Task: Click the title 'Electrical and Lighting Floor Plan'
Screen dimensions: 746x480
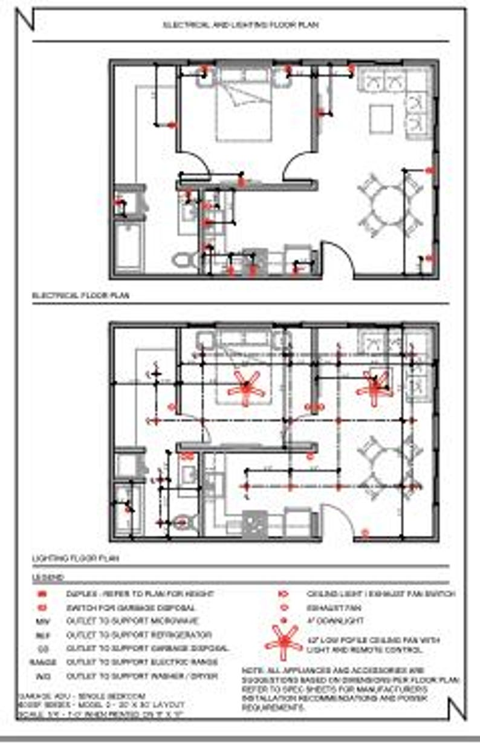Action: coord(240,25)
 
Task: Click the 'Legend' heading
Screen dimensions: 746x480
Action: coord(48,578)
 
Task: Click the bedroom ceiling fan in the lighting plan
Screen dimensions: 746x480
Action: coord(246,387)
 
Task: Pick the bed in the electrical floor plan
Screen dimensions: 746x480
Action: coord(244,109)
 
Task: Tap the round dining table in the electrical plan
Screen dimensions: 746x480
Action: coord(388,206)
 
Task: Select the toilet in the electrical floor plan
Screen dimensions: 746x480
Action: coord(183,261)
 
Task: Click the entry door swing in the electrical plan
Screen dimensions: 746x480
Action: coord(336,257)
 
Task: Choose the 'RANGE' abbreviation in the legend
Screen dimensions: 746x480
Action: coord(42,662)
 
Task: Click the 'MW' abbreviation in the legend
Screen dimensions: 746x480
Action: coord(42,621)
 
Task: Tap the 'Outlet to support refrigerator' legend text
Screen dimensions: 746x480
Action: coord(139,635)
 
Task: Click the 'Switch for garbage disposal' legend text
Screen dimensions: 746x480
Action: coord(131,608)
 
